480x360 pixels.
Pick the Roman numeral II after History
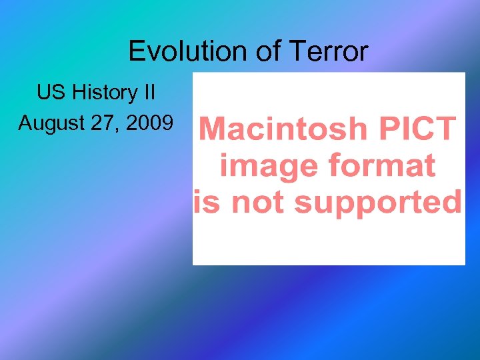pos(149,93)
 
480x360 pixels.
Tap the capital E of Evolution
pos(136,51)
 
